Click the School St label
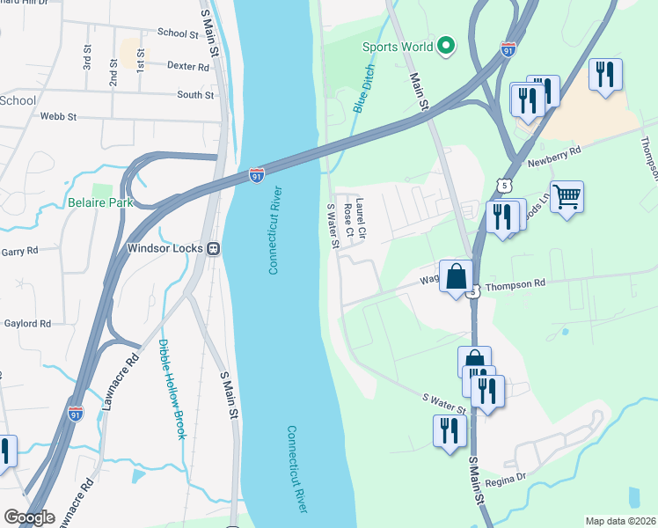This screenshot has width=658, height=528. tap(178, 33)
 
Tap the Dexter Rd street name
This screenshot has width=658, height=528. tap(186, 65)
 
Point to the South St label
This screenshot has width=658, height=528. tap(195, 95)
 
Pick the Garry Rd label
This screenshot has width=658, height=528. tap(19, 251)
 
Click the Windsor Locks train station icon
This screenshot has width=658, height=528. tap(213, 248)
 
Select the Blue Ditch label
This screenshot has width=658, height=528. tap(362, 88)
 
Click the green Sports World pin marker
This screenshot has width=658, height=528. tap(446, 46)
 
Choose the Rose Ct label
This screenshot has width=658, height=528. tap(348, 220)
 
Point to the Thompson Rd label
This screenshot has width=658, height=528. tap(515, 284)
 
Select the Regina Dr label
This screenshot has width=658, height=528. tap(508, 477)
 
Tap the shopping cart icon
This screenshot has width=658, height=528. tap(567, 198)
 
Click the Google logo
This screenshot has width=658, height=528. tap(29, 517)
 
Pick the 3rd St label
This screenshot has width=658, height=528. tap(87, 59)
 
